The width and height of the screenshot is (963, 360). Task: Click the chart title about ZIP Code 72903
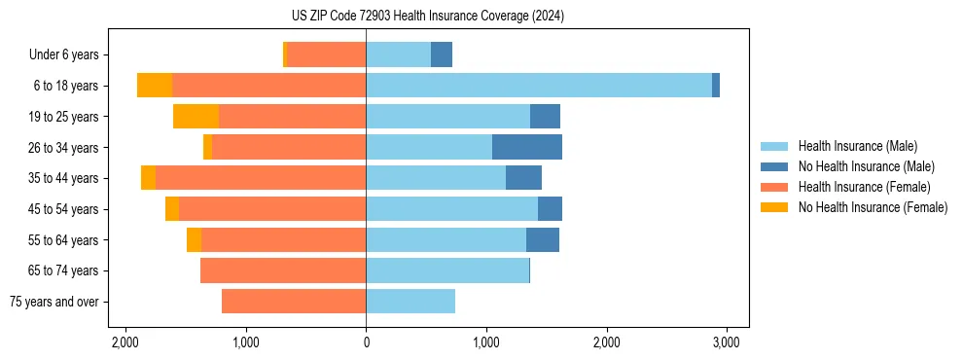(427, 17)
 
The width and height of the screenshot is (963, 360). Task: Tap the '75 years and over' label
(53, 302)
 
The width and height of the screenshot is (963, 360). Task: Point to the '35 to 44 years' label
(63, 178)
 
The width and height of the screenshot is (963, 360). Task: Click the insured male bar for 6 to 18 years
(539, 86)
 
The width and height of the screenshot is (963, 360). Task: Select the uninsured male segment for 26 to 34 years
(527, 147)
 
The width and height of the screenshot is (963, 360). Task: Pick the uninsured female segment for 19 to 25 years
(196, 117)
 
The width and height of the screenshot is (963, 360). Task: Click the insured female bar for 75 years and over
(294, 302)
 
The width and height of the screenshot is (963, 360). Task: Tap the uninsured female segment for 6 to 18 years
(155, 86)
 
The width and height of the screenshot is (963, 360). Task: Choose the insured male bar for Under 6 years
(398, 54)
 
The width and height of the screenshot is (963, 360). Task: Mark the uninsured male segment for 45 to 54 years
(550, 209)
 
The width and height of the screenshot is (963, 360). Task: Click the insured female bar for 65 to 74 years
(283, 270)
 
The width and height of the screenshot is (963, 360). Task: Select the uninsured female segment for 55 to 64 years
(194, 240)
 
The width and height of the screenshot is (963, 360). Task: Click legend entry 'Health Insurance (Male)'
(858, 146)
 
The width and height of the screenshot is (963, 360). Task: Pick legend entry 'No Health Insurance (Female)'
(873, 207)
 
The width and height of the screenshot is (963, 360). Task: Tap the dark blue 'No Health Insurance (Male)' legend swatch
(775, 166)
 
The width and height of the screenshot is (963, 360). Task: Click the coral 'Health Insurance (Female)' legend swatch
(775, 187)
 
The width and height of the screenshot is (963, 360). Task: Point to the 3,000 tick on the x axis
(727, 342)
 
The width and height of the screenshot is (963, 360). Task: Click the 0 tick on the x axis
(366, 342)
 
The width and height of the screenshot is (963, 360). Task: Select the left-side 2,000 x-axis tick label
(125, 342)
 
